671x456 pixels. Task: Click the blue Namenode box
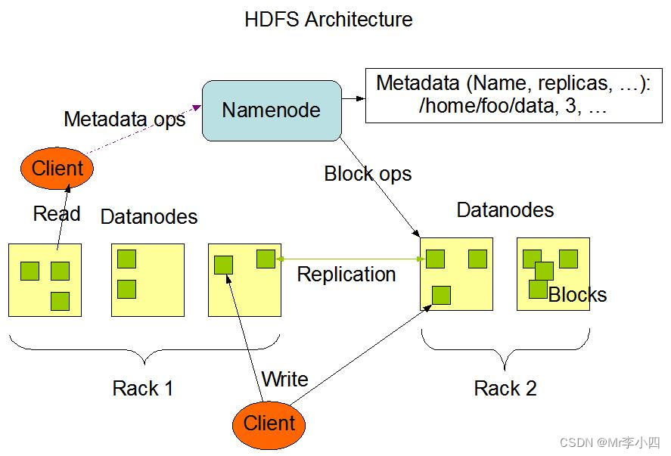[x=272, y=110]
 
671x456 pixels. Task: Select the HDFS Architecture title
[x=328, y=20]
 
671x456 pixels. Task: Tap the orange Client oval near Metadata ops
[x=57, y=168]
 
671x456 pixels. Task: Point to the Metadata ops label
[x=125, y=119]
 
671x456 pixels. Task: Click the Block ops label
[x=368, y=174]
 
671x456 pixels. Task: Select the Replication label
[x=346, y=275]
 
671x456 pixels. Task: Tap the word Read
[x=57, y=213]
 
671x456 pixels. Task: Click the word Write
[x=285, y=379]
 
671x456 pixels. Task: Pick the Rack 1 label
[x=143, y=389]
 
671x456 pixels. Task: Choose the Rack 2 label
[x=505, y=389]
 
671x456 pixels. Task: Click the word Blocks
[x=578, y=295]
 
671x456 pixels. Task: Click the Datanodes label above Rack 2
[x=505, y=210]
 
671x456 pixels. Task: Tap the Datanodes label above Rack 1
[x=149, y=217]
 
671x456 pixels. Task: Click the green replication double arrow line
[x=350, y=259]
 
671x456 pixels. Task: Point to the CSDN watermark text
[x=610, y=442]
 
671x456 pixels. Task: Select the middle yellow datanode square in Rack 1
[x=148, y=281]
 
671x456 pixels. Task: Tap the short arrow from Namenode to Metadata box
[x=353, y=98]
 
